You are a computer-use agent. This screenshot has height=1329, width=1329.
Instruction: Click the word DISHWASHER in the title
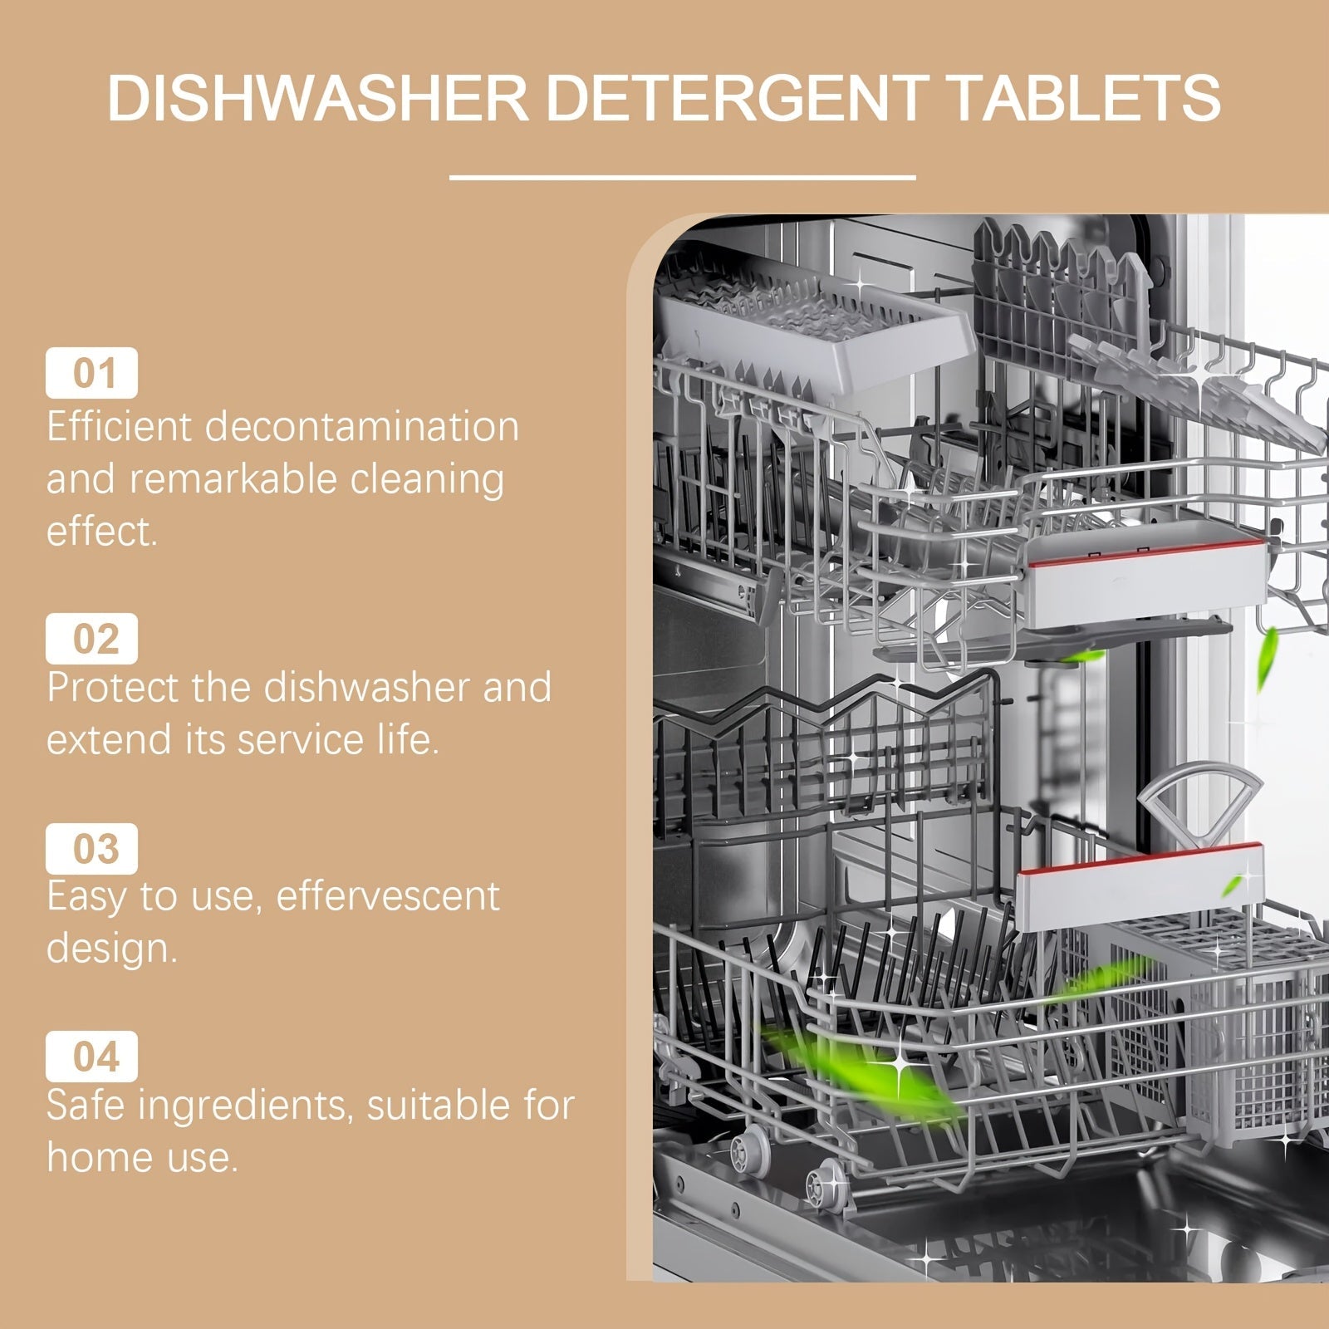[317, 98]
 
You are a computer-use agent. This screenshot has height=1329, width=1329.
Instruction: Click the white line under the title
[682, 177]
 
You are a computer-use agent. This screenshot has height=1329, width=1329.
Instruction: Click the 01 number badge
[91, 373]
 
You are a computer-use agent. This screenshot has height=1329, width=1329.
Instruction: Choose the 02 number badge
[91, 639]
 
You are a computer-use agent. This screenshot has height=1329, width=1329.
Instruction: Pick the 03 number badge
[91, 848]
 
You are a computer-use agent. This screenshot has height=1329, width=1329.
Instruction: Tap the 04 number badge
[91, 1057]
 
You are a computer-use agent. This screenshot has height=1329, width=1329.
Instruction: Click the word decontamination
[361, 427]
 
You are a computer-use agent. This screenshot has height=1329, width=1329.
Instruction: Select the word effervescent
[387, 896]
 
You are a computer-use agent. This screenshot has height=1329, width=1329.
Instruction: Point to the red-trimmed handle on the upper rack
[1146, 573]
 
